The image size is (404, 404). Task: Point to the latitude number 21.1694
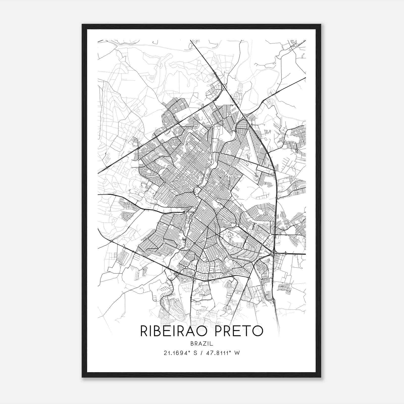(x=175, y=353)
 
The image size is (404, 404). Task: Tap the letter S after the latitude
(x=195, y=353)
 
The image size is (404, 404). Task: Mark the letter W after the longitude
(x=237, y=353)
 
